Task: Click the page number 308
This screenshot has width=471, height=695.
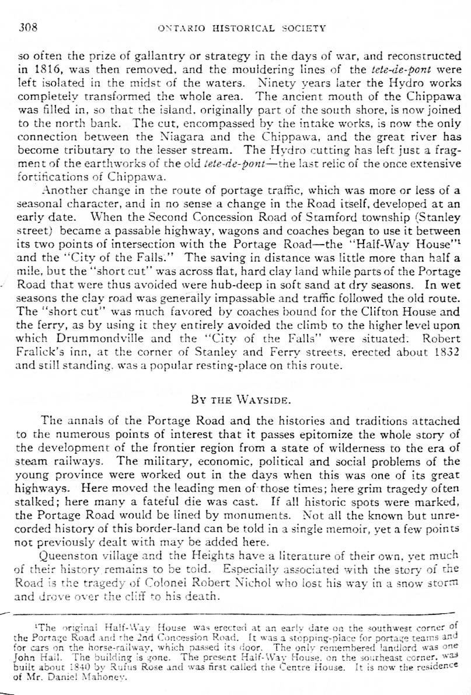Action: tap(29, 27)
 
